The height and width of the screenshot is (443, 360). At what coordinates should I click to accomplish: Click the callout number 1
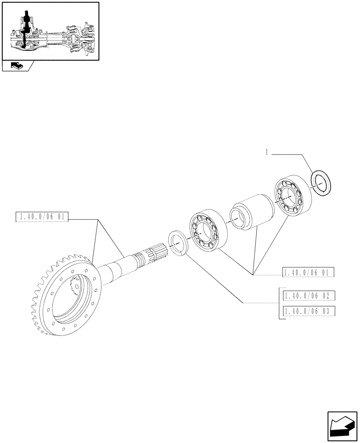click(267, 152)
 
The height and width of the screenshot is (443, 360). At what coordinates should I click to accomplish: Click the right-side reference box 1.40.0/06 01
click(308, 272)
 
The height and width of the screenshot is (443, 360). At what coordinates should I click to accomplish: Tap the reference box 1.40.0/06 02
click(308, 296)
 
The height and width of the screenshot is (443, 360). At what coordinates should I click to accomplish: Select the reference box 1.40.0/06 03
click(308, 311)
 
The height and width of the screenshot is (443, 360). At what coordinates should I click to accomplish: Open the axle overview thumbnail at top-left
click(50, 31)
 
